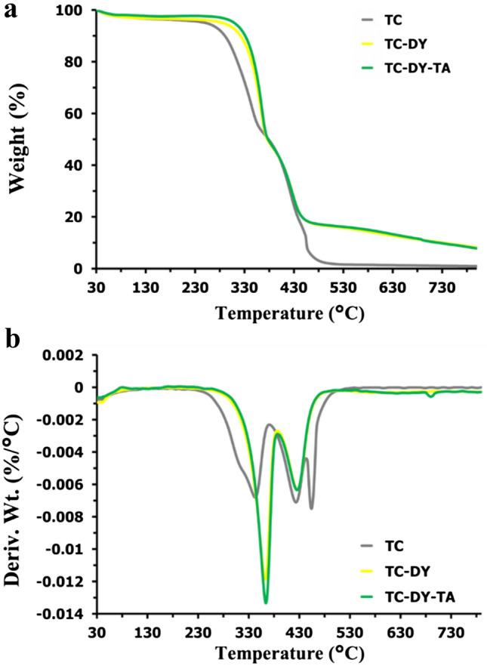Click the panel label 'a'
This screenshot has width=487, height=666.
pos(11,13)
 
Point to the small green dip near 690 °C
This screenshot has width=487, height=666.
pos(430,395)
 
